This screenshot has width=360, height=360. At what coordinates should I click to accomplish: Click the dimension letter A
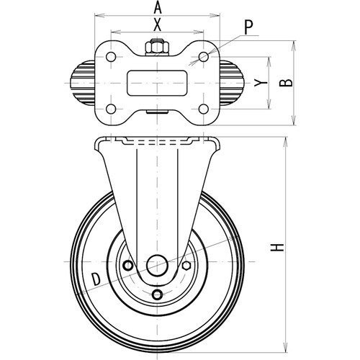pos(157,7)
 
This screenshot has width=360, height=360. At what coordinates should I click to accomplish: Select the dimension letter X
pos(157,25)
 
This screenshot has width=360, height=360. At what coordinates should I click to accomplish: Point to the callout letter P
pos(248,27)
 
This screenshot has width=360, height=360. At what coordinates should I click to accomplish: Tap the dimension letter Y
pos(261,83)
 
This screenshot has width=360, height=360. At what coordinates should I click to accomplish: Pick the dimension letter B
pos(286,83)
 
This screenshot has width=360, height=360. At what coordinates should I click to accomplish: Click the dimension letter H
pos(277,248)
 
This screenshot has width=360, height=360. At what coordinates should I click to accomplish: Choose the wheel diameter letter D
pos(96,279)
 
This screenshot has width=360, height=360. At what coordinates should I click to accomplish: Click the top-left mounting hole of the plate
pos(111,57)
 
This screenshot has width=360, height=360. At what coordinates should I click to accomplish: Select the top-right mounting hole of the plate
pos(204,57)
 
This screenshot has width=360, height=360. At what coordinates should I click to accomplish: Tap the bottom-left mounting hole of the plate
pos(111,109)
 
